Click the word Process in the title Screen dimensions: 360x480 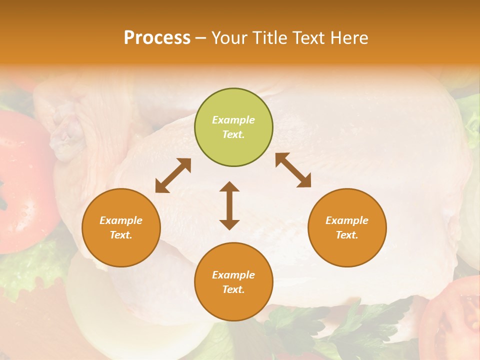[x=157, y=38]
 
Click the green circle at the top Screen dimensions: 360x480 [x=233, y=127]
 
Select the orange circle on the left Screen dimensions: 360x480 [x=121, y=227]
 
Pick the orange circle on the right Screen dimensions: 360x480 [x=347, y=227]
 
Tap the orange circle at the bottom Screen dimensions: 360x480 [x=233, y=281]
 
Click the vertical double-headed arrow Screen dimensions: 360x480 [x=229, y=205]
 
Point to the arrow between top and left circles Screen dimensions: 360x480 [x=173, y=175]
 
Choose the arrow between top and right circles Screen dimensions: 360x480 [x=293, y=170]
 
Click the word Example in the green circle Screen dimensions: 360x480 [x=233, y=120]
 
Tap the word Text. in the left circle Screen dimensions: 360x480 [x=121, y=235]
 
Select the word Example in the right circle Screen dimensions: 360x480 [x=347, y=220]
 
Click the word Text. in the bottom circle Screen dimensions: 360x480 [x=233, y=289]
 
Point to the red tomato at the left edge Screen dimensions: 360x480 [x=22, y=175]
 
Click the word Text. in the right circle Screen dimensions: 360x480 [x=347, y=235]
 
